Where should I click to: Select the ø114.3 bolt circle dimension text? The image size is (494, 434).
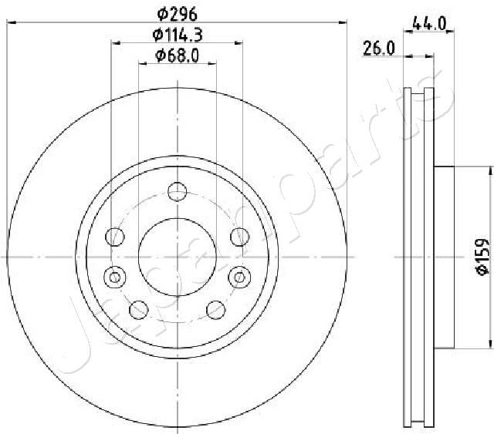pyautogui.click(x=178, y=34)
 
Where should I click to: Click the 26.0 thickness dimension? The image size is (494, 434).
pyautogui.click(x=380, y=49)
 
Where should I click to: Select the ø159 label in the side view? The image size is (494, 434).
pyautogui.click(x=481, y=257)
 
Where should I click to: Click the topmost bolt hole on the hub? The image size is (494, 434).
pyautogui.click(x=178, y=190)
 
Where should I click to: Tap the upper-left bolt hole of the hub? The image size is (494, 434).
pyautogui.click(x=117, y=235)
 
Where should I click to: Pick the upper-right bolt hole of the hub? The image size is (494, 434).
pyautogui.click(x=239, y=235)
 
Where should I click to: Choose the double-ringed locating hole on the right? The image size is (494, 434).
pyautogui.click(x=239, y=274)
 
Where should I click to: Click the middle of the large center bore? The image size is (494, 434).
pyautogui.click(x=178, y=255)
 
